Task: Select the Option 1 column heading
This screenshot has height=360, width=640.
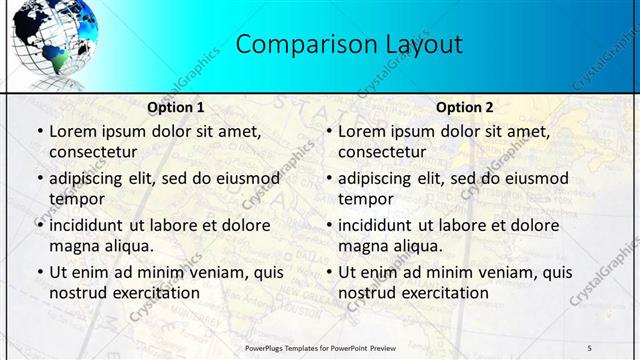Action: click(176, 107)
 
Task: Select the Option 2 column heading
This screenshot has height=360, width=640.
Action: click(465, 107)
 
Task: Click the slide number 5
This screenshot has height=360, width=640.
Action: click(589, 348)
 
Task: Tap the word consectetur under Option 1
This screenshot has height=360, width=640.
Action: click(92, 152)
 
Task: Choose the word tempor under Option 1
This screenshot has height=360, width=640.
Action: click(75, 199)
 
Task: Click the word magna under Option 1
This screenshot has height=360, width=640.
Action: click(73, 246)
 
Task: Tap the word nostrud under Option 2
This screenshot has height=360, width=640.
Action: click(367, 293)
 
